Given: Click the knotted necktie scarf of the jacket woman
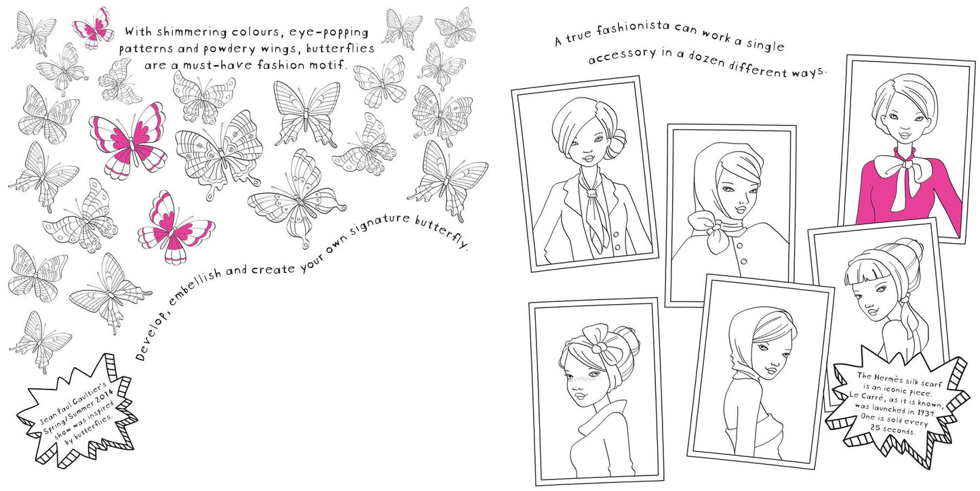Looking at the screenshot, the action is [592, 205].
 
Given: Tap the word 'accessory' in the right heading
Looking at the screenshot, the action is [622, 56].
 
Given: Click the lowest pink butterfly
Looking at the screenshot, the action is [176, 227].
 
